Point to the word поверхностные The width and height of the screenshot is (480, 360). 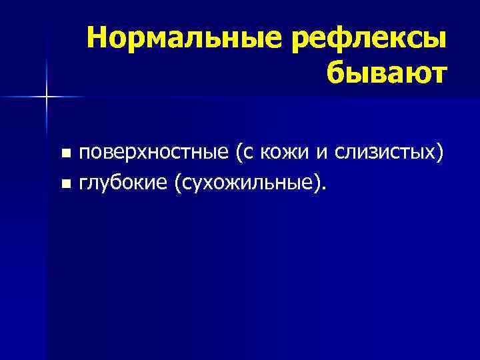coord(153,153)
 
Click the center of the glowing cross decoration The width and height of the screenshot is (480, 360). coord(47,97)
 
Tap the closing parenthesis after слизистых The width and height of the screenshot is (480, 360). coord(439,154)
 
